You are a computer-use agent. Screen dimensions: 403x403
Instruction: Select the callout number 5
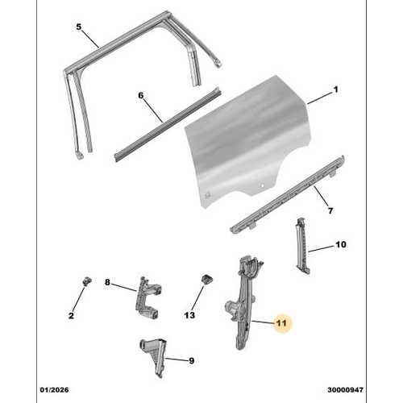coord(79,27)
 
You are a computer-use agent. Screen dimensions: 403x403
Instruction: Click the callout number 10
coord(340,245)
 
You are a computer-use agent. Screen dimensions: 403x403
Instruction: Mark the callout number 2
coord(71,315)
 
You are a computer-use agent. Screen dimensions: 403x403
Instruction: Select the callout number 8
coord(108,282)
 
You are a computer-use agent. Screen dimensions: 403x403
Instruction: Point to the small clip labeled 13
coord(206,280)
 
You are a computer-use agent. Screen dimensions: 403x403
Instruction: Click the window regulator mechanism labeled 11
coord(243,306)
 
